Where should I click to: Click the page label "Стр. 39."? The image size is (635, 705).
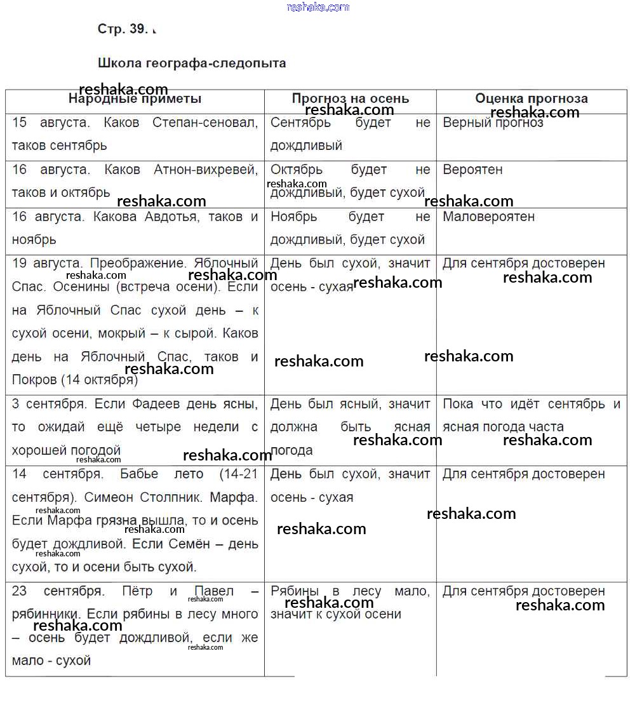(123, 29)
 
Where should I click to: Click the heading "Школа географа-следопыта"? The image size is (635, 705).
(192, 63)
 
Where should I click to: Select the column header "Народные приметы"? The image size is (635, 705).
(135, 98)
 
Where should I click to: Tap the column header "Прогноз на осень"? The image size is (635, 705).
(351, 98)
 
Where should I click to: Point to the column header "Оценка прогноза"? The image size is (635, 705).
(531, 98)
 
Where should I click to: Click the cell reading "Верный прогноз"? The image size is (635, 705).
(493, 123)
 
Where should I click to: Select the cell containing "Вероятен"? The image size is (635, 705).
(472, 170)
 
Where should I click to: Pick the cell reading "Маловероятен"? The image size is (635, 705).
(488, 217)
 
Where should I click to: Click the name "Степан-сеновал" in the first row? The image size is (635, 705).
(205, 123)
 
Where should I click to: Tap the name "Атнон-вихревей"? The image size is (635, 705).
(206, 170)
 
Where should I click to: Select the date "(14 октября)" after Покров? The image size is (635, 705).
(99, 380)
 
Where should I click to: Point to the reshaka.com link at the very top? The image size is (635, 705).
(318, 7)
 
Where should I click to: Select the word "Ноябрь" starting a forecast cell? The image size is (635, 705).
(293, 217)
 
